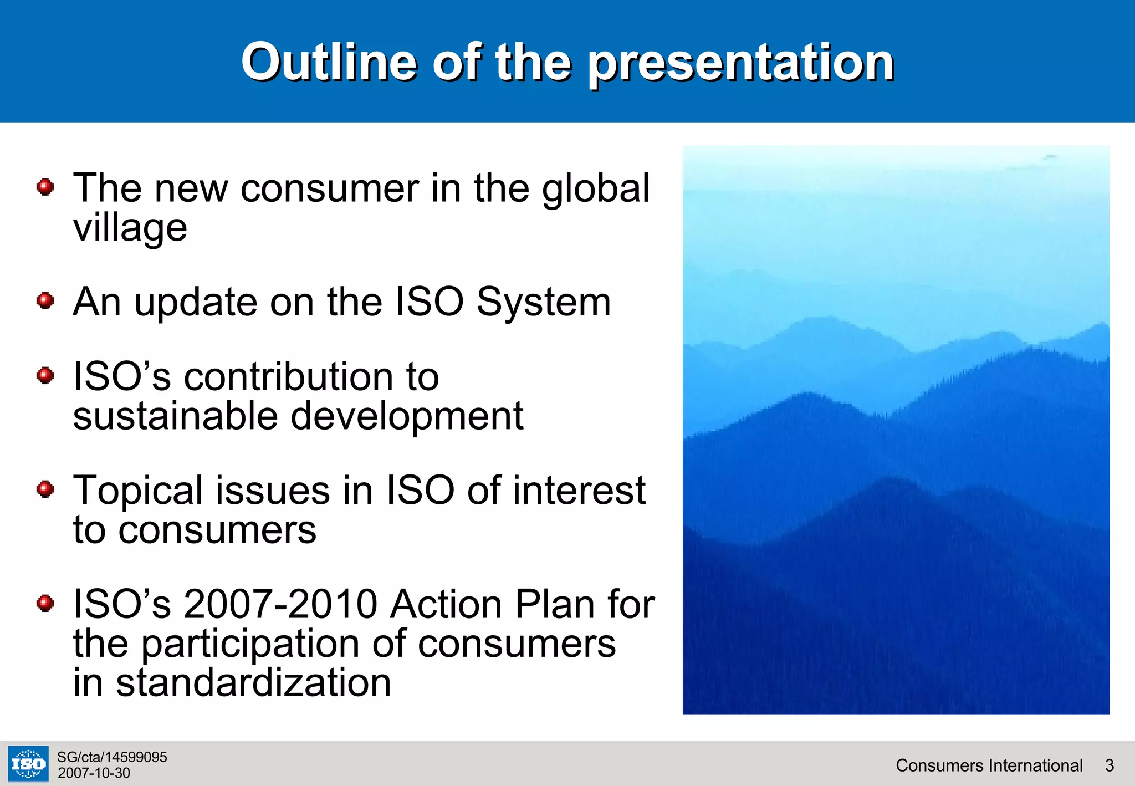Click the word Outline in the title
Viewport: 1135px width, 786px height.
click(x=329, y=62)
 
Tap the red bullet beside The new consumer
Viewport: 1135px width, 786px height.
click(x=45, y=187)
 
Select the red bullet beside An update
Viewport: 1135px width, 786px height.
click(x=45, y=301)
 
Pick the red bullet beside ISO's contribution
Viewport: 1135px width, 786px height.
click(x=45, y=376)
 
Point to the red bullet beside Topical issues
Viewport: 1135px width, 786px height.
click(x=45, y=489)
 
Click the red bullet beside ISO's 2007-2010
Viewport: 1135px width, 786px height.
click(x=45, y=603)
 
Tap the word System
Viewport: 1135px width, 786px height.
click(x=544, y=302)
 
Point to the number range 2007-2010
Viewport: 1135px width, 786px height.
click(x=280, y=604)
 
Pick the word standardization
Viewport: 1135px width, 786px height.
click(x=253, y=683)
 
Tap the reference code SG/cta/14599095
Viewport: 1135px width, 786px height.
click(x=112, y=757)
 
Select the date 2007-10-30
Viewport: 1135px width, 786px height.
click(x=94, y=773)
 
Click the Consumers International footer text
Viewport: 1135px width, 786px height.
click(x=989, y=765)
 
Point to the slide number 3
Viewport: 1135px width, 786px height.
click(x=1109, y=765)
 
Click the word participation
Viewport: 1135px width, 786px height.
click(x=250, y=644)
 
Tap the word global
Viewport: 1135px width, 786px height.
click(x=595, y=188)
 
